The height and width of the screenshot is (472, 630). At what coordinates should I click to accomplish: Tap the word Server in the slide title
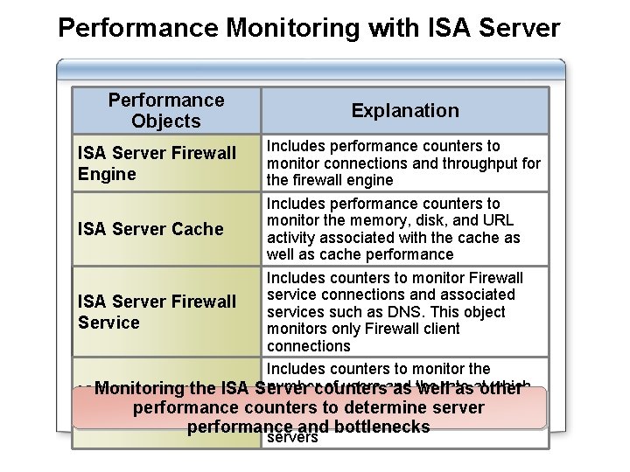tap(520, 28)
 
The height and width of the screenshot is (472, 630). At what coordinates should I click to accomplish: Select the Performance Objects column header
tap(166, 111)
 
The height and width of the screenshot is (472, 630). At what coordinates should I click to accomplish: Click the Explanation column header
tap(405, 111)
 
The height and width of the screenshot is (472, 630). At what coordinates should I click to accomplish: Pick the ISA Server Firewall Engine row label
tap(157, 163)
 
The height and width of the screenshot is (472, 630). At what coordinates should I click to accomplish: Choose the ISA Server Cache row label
tap(150, 229)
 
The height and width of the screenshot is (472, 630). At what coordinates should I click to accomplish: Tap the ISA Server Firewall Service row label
tap(157, 312)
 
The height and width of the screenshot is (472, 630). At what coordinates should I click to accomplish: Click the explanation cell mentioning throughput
tap(404, 163)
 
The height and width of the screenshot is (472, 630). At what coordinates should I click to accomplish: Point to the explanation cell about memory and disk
tap(404, 229)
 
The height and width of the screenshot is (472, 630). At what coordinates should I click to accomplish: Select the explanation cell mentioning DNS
tap(404, 312)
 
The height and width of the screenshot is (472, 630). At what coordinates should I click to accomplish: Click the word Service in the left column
tap(108, 323)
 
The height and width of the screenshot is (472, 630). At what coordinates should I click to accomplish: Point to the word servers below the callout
tap(291, 437)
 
